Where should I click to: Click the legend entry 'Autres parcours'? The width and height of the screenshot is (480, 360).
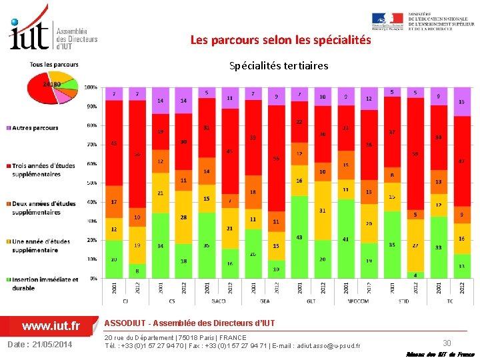point(35,128)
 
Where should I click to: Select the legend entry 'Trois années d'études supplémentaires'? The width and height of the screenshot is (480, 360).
point(43,170)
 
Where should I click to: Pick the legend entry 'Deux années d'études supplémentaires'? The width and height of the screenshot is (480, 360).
point(43,208)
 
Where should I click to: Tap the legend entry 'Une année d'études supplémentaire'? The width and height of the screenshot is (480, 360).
point(43,246)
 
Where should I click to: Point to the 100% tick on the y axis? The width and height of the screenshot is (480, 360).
point(91,87)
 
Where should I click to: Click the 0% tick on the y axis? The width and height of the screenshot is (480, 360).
point(93,278)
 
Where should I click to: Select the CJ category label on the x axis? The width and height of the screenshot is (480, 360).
point(125,301)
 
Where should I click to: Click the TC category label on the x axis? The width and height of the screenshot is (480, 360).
point(450,301)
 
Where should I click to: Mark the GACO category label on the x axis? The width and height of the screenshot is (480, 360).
point(218,301)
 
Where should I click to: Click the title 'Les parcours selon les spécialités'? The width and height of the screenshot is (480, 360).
point(281,40)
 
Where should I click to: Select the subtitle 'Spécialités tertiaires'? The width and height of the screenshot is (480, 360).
point(279,65)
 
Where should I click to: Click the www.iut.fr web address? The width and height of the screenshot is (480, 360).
point(51,326)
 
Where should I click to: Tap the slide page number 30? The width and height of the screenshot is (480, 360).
point(447,343)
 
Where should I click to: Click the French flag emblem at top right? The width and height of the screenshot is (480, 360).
point(387,19)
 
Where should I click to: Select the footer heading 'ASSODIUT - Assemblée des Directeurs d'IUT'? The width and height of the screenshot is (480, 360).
point(189,323)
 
